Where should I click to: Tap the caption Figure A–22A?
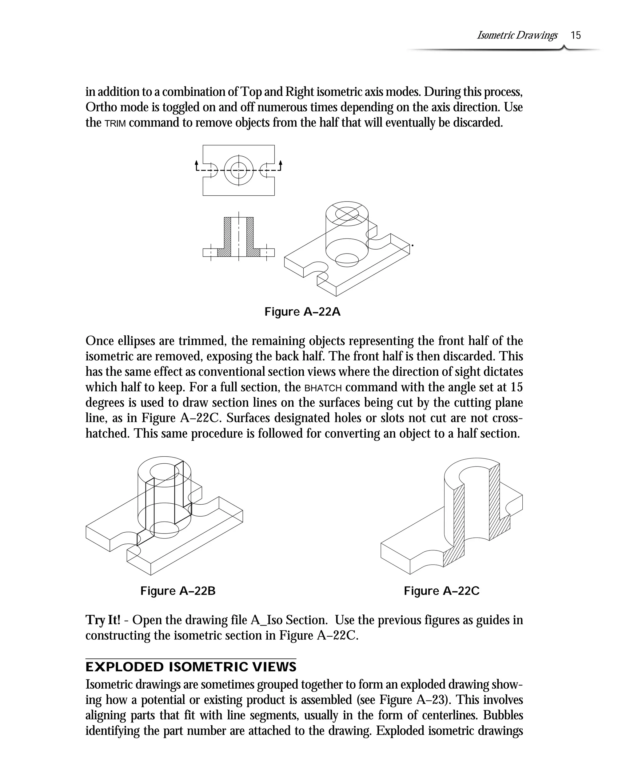[302, 312]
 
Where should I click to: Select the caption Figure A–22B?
[178, 591]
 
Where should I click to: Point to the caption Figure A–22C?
[442, 591]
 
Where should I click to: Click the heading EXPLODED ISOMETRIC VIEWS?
[191, 667]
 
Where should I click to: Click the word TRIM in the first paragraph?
[115, 123]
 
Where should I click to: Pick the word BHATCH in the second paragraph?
[323, 388]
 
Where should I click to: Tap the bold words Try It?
[103, 620]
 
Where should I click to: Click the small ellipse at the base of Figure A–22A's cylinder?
[347, 259]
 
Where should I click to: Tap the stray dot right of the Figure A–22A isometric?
[413, 246]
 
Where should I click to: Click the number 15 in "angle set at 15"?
[517, 387]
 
